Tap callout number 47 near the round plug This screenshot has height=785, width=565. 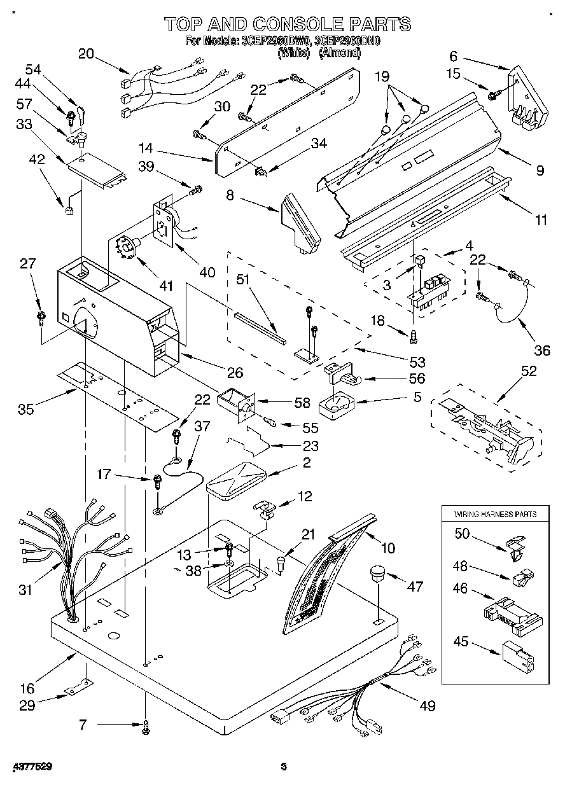pyautogui.click(x=414, y=587)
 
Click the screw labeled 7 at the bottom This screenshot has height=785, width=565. pyautogui.click(x=146, y=726)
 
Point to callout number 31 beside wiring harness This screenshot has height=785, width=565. pyautogui.click(x=25, y=590)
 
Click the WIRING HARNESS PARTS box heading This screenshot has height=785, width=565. pyautogui.click(x=494, y=514)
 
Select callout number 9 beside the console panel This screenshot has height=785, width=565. pyautogui.click(x=540, y=170)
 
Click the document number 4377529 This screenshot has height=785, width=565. pyautogui.click(x=32, y=767)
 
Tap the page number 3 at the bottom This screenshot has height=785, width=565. pyautogui.click(x=284, y=766)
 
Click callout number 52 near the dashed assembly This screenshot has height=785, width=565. pyautogui.click(x=528, y=372)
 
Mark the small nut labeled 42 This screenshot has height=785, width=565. pyautogui.click(x=67, y=211)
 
